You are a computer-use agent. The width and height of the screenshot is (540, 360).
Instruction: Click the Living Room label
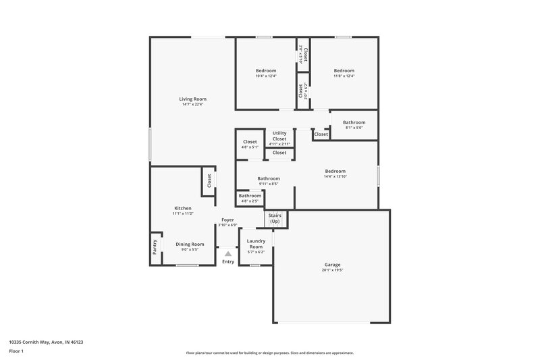(192, 99)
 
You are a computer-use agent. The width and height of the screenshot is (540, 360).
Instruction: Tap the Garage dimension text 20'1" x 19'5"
(331, 270)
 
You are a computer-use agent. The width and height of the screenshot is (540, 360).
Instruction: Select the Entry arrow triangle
(228, 253)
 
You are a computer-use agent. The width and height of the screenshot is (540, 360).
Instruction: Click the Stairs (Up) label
(275, 219)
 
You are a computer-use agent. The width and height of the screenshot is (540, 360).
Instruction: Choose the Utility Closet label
(279, 136)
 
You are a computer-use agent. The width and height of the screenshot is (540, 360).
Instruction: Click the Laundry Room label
(255, 244)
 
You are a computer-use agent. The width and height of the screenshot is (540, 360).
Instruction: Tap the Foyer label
(227, 220)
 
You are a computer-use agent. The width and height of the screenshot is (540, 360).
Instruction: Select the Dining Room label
(190, 244)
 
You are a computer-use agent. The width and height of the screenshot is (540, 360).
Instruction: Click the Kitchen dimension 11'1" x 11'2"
(183, 213)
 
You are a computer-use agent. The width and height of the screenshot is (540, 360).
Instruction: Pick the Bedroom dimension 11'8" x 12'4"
(344, 76)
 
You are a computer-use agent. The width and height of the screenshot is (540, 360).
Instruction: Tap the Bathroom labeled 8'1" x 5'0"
(354, 122)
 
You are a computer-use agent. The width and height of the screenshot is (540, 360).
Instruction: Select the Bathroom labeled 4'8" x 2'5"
(250, 196)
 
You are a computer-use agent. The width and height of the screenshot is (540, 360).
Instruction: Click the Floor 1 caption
(16, 352)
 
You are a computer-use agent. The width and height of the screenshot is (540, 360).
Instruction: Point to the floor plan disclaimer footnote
(269, 353)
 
